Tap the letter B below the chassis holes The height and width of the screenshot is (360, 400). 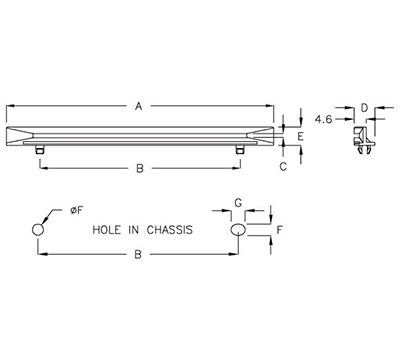coord(137,257)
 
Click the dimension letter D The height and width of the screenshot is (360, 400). coord(364,106)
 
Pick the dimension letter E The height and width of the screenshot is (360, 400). coord(301,134)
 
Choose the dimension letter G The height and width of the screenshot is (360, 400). coord(238,203)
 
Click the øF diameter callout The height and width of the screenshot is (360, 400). coord(75,211)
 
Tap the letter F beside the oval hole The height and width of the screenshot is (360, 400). coord(280,230)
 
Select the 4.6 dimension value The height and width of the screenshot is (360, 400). coord(323,119)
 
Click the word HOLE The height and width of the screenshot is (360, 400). coord(108,229)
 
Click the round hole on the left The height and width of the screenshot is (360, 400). coord(38,230)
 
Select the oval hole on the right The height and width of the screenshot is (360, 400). coord(238,230)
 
